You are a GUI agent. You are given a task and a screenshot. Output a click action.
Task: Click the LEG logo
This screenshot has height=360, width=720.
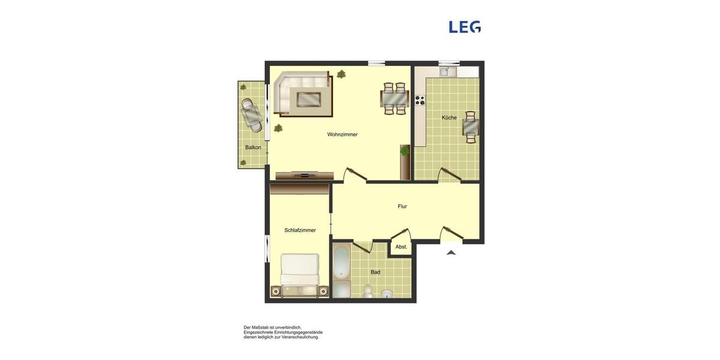tap(465, 27)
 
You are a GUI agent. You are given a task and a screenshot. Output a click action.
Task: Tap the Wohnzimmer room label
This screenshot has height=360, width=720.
tap(342, 134)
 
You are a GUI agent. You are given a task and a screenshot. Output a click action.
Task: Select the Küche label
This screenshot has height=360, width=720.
tap(449, 118)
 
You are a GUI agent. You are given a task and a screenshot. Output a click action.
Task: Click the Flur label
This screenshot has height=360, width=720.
tap(402, 206)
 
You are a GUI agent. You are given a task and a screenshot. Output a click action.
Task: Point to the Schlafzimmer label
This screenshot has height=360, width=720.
tap(300, 230)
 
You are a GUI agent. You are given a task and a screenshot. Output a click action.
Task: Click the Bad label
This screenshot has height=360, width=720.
tap(375, 272)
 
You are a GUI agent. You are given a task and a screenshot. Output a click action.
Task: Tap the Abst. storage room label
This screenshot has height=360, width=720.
tap(401, 247)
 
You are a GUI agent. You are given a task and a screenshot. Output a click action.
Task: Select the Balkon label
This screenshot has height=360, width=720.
tap(253, 148)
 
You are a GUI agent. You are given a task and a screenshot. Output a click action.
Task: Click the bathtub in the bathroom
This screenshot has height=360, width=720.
tap(341, 262)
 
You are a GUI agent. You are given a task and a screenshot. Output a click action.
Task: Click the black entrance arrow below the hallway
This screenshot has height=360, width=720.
tap(451, 253)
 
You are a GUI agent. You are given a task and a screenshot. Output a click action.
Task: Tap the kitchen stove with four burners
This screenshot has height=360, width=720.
tap(419, 100)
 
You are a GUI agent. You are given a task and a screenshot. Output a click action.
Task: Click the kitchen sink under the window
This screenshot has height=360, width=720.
tap(444, 72)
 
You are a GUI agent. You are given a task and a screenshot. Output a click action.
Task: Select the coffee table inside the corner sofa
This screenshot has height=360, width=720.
tap(308, 98)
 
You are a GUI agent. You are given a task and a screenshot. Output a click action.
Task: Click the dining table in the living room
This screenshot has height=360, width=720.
tap(395, 98)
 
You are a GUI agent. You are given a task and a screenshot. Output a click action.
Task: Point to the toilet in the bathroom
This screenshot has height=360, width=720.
tap(368, 291)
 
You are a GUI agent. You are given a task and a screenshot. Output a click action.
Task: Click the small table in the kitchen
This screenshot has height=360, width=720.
tap(470, 127)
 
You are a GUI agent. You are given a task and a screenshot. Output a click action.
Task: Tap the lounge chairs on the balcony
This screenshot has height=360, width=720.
tap(252, 114)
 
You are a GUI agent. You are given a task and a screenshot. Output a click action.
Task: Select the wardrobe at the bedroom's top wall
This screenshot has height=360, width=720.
tap(299, 189)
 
